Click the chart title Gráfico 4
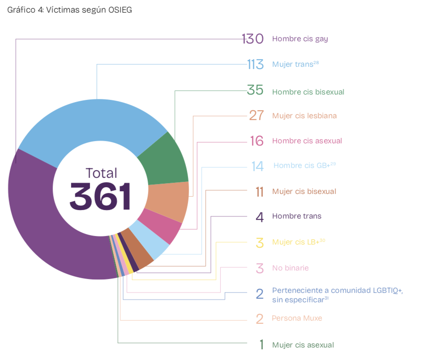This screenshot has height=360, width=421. pos(70,10)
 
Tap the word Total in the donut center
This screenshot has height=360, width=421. pos(101,173)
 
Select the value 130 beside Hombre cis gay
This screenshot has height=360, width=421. pos(253,39)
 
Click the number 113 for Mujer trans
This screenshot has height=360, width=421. pos(255,64)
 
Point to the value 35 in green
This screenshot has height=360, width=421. pos(255,90)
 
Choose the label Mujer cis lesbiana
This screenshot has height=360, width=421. pos(304,116)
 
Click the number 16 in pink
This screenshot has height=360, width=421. pos(257,141)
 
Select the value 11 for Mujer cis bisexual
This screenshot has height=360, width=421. pos(259,192)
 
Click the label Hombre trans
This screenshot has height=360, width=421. pos(296,216)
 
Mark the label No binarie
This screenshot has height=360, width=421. pos(290,268)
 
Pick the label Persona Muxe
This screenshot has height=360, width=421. pos(296,318)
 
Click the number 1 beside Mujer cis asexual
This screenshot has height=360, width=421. pos(261,345)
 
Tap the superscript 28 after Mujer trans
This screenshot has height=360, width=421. pos(316,62)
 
